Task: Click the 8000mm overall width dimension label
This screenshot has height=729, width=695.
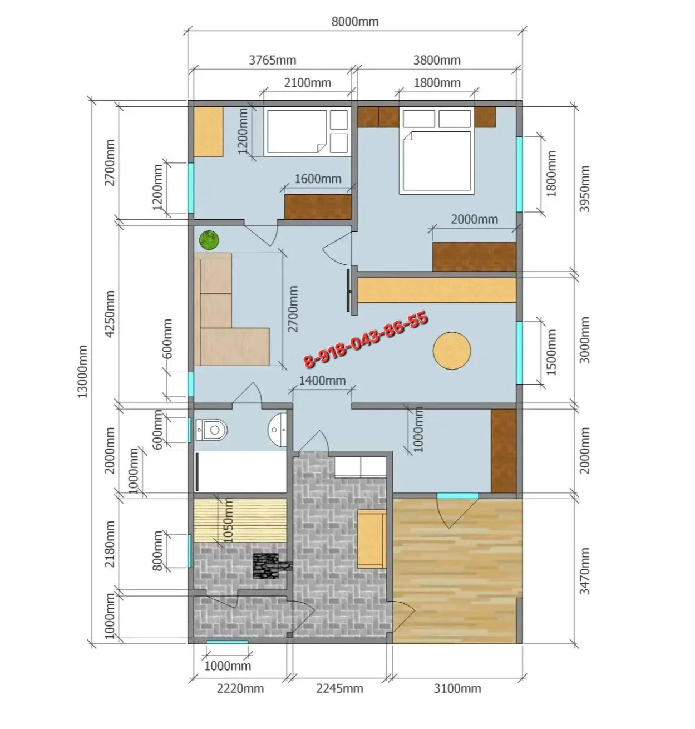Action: [354, 22]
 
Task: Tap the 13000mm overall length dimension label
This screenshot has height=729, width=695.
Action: [82, 371]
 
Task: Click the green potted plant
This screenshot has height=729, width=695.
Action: [209, 240]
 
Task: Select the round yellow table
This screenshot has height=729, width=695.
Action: [452, 351]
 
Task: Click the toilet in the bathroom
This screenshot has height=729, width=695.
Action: [211, 430]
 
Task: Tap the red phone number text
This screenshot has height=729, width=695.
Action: [365, 339]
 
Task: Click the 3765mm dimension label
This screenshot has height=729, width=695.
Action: [272, 60]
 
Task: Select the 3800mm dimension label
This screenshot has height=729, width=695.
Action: [437, 60]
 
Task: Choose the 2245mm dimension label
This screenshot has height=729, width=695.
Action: [339, 688]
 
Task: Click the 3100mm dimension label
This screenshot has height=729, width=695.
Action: [457, 688]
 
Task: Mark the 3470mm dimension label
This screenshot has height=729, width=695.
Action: [584, 571]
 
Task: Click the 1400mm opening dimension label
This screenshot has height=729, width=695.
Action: [322, 381]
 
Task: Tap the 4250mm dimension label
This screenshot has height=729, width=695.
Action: [110, 314]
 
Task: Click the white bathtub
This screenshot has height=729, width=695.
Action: [240, 472]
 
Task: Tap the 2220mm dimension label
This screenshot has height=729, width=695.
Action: [240, 688]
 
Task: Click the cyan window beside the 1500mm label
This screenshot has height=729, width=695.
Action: [520, 353]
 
